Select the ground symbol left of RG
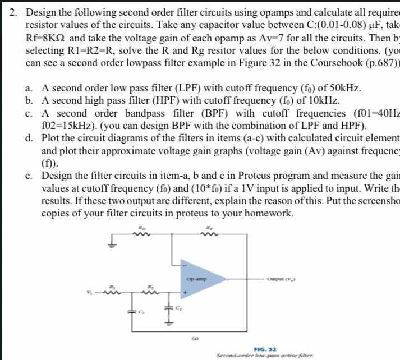pos(112,242)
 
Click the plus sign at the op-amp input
pos(183,292)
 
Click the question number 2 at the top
pos(17,11)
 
